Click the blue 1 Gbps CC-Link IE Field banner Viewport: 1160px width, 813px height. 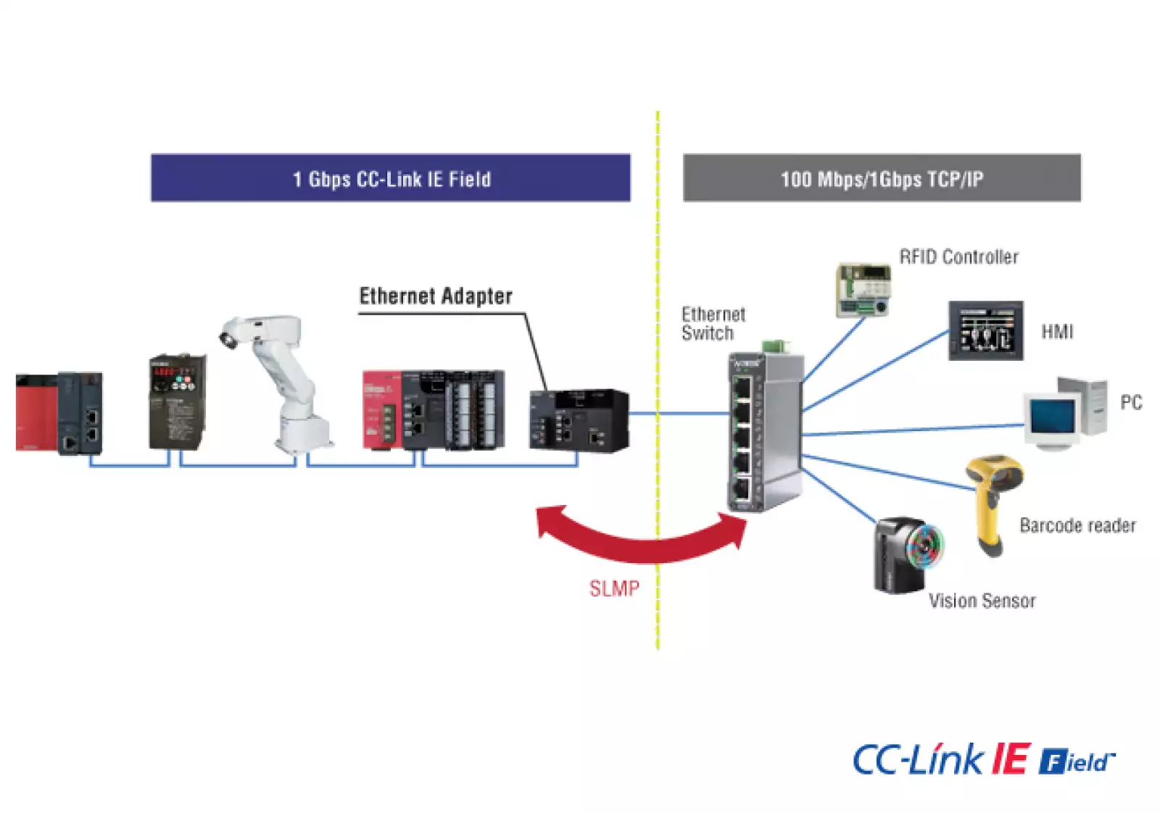tap(390, 178)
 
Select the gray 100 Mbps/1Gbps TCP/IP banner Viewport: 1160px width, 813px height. tap(882, 178)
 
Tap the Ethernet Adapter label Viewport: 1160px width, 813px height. tap(436, 296)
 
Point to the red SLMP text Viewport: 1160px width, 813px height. tap(614, 588)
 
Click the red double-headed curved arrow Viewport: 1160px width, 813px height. tap(642, 540)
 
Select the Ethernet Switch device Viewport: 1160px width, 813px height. tap(765, 431)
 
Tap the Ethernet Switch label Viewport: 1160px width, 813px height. tap(713, 323)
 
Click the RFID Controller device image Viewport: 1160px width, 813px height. tap(863, 290)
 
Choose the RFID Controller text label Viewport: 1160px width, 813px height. tap(958, 257)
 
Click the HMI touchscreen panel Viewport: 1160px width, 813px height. tap(985, 331)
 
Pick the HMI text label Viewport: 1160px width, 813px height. tap(1056, 332)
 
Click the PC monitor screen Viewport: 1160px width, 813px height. tap(1053, 418)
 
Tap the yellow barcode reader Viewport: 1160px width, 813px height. tap(992, 500)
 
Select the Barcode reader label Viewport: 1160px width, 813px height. tap(1077, 525)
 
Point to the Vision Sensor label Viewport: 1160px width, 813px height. tap(982, 601)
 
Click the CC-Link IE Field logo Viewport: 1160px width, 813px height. tap(983, 759)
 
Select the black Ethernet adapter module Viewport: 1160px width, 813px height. tap(579, 420)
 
